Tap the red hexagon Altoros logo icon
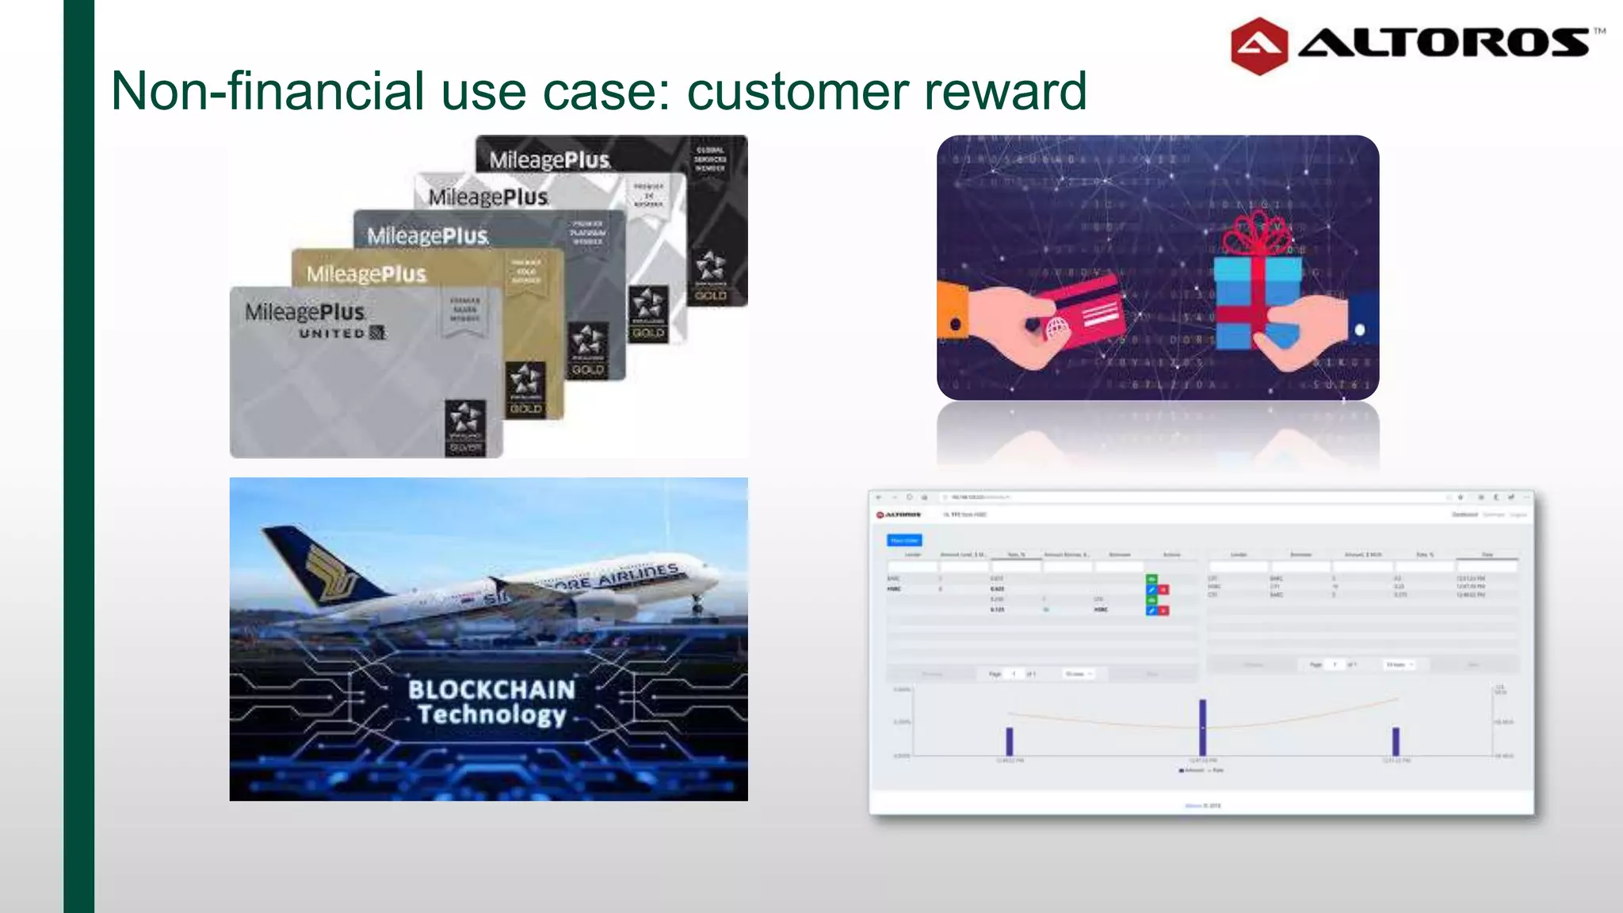tap(1258, 46)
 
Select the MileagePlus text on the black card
tap(550, 160)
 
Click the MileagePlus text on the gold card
tap(366, 274)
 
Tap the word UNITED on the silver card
tap(332, 334)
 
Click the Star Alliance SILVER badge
tap(464, 428)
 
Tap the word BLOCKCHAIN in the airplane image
tap(491, 690)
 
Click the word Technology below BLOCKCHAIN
tap(491, 715)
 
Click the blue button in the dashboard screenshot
tap(903, 541)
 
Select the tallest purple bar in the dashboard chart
tap(1202, 727)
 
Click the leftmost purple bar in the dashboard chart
tap(1009, 741)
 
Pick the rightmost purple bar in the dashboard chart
tap(1396, 741)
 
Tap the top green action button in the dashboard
tap(1151, 579)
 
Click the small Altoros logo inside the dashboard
tap(899, 515)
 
